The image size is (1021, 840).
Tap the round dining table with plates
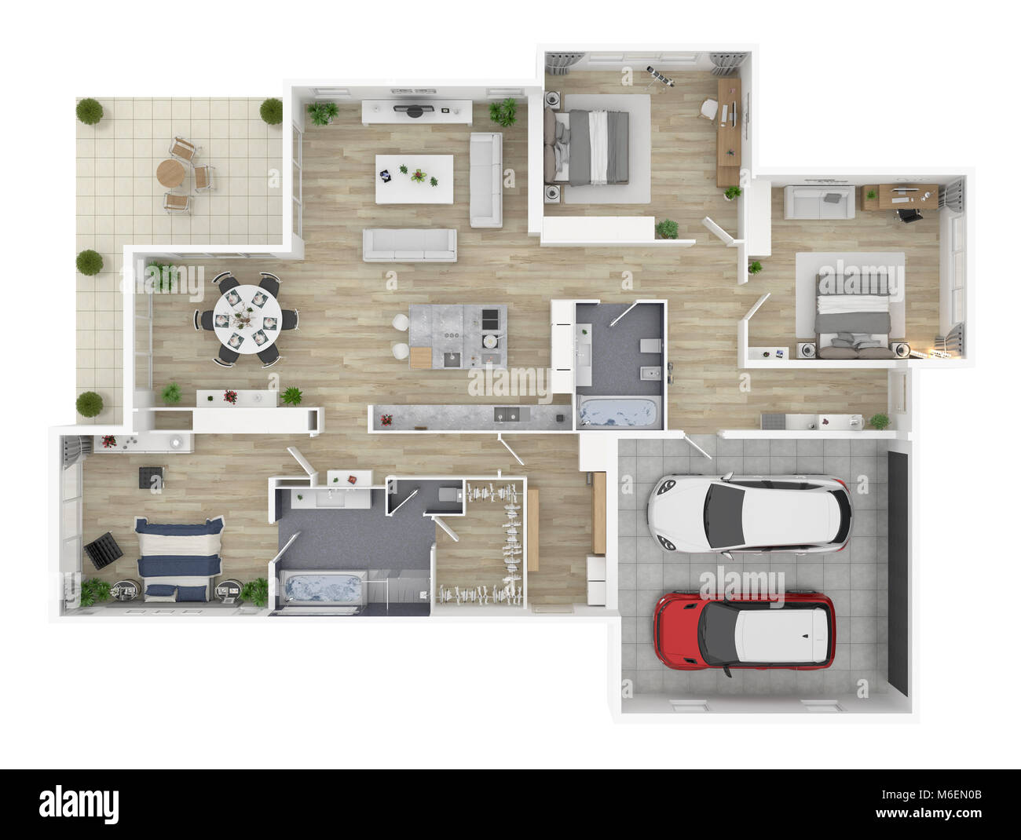click(x=247, y=319)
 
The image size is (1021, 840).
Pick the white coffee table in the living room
click(x=414, y=178)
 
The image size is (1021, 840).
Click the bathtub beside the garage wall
click(x=617, y=412)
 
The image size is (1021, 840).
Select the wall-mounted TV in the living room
click(x=414, y=110)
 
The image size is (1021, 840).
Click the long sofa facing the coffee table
click(x=409, y=245)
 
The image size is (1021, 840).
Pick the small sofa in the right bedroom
click(x=821, y=202)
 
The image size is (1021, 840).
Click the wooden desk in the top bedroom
click(x=729, y=130)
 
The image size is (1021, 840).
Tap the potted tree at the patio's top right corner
click(x=271, y=111)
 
